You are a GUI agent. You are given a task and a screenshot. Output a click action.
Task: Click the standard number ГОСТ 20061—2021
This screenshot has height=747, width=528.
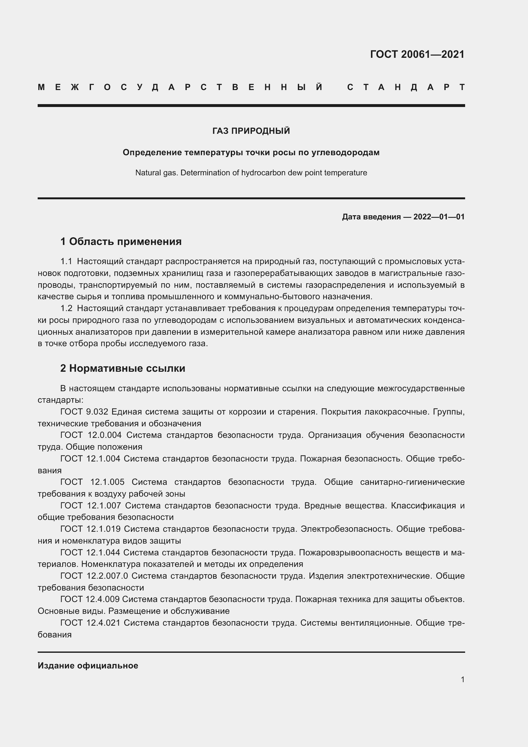417,54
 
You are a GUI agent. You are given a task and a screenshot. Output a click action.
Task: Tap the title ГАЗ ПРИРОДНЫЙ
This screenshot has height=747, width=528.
251,131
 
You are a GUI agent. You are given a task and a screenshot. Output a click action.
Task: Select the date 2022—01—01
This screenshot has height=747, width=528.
439,217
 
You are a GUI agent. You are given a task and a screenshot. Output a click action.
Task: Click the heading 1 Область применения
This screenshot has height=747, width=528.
121,241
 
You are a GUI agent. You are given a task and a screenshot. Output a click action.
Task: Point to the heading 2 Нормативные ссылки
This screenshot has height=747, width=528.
123,368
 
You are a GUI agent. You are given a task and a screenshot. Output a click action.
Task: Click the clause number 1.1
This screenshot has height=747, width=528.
66,261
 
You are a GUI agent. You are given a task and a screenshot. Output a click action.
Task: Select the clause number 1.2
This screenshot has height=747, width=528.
66,308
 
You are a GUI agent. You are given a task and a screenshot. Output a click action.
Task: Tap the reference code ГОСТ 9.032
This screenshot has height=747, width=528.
84,412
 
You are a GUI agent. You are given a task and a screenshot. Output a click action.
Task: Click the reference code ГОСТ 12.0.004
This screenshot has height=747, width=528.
91,435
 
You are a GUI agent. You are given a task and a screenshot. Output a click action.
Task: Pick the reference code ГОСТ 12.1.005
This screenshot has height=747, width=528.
92,482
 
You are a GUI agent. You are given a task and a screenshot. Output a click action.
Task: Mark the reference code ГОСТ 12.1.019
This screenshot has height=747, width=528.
90,529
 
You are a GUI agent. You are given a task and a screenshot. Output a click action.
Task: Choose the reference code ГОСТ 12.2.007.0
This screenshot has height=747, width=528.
94,576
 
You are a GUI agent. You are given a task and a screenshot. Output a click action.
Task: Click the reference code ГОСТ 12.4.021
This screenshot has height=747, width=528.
90,623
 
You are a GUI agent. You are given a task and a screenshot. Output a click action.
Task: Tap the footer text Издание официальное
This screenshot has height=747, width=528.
88,666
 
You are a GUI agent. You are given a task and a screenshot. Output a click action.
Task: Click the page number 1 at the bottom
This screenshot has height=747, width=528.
462,679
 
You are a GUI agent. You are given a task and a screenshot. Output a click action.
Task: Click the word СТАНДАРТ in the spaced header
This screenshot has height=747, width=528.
406,88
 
